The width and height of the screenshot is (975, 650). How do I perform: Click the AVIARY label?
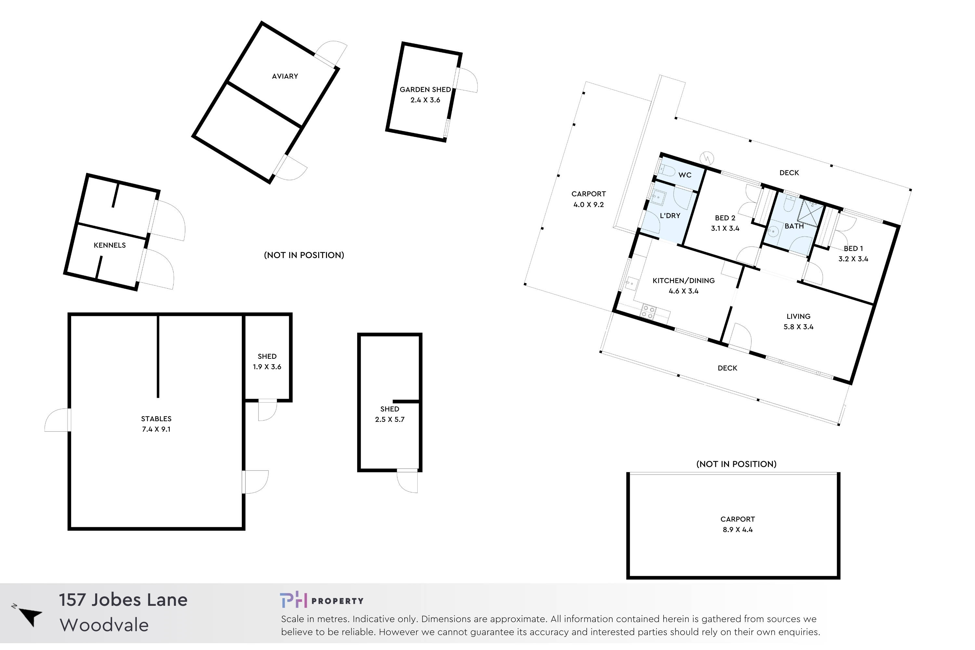pyautogui.click(x=285, y=76)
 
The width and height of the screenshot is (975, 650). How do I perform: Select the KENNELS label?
pyautogui.click(x=110, y=245)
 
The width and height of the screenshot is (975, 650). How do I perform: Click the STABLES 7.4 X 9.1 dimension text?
pyautogui.click(x=156, y=429)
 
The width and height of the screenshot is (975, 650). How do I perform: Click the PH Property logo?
pyautogui.click(x=321, y=601)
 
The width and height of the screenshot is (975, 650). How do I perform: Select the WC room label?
pyautogui.click(x=684, y=175)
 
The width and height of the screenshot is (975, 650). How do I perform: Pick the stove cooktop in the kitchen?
pyautogui.click(x=648, y=312)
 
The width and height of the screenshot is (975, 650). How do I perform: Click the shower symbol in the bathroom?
pyautogui.click(x=811, y=213)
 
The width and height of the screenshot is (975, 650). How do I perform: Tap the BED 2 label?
pyautogui.click(x=725, y=218)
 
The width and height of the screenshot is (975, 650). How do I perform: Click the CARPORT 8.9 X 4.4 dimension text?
pyautogui.click(x=737, y=530)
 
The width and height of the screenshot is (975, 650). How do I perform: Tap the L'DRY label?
pyautogui.click(x=670, y=215)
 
